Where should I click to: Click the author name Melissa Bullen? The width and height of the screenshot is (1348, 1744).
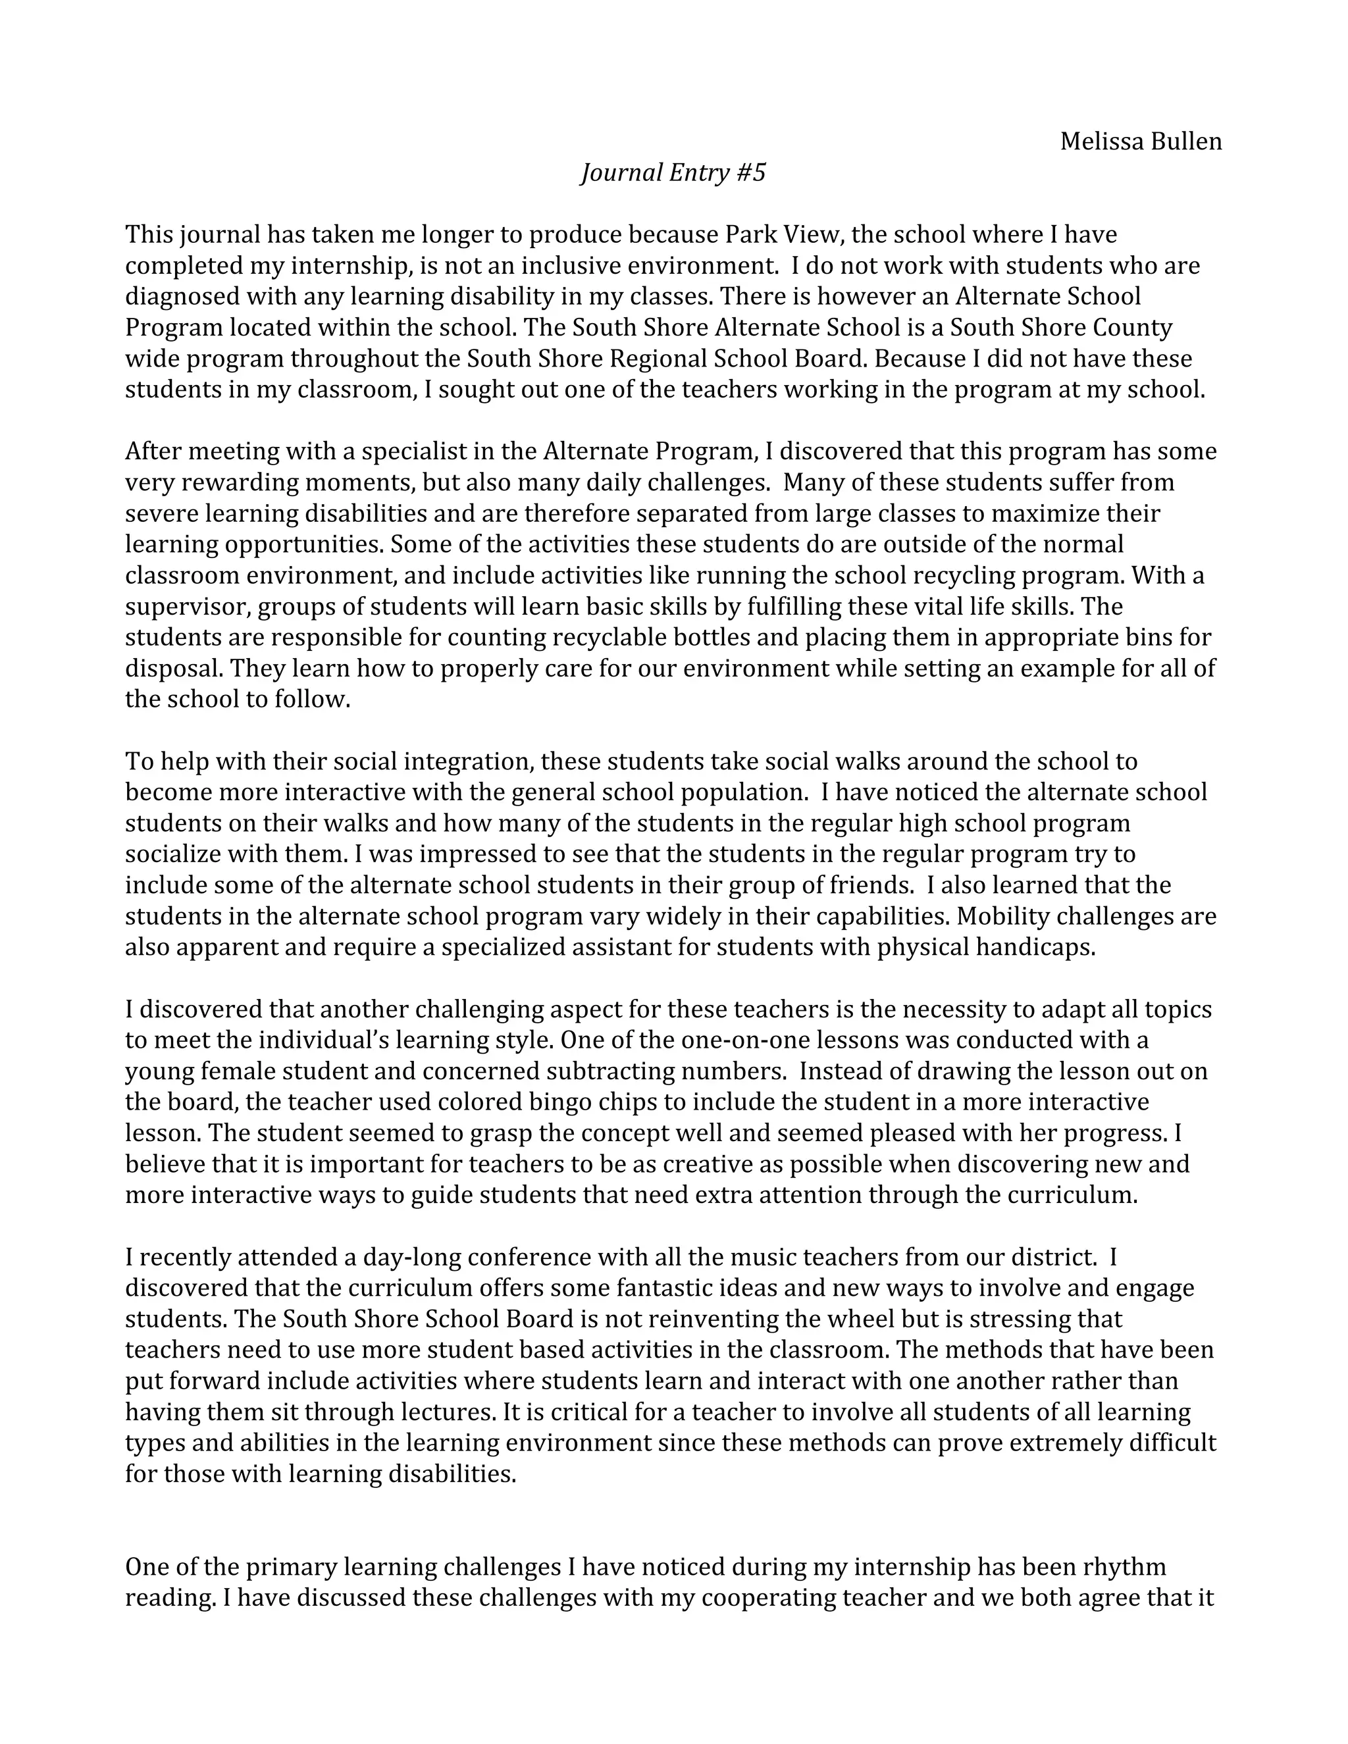[1141, 141]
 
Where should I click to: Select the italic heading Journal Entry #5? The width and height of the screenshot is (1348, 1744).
[673, 172]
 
